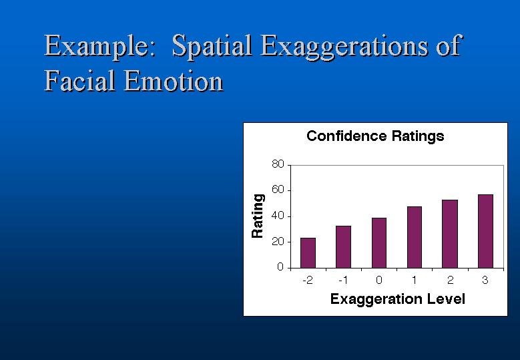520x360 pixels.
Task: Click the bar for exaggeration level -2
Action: coord(308,253)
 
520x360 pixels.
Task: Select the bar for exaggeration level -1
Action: coord(343,247)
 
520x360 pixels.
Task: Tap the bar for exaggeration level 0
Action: coord(379,243)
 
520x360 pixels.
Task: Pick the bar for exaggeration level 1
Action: coord(415,237)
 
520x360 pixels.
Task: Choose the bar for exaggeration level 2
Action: coord(450,234)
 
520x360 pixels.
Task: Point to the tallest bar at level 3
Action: coord(485,231)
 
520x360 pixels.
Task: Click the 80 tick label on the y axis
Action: coord(278,164)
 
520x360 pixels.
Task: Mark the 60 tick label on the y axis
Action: coord(278,190)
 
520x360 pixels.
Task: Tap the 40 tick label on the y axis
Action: coord(278,216)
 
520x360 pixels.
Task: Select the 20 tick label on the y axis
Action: coord(278,242)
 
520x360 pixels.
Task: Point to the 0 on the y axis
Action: coord(280,267)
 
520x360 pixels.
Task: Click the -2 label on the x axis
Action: coord(308,281)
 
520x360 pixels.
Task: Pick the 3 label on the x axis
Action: coord(485,281)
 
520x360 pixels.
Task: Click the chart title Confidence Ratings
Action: coord(375,136)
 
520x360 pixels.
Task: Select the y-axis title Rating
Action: coord(258,216)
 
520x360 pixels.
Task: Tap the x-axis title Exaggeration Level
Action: coord(398,299)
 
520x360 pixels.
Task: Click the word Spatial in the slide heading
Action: coord(212,47)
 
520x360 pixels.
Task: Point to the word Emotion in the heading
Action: coord(174,81)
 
